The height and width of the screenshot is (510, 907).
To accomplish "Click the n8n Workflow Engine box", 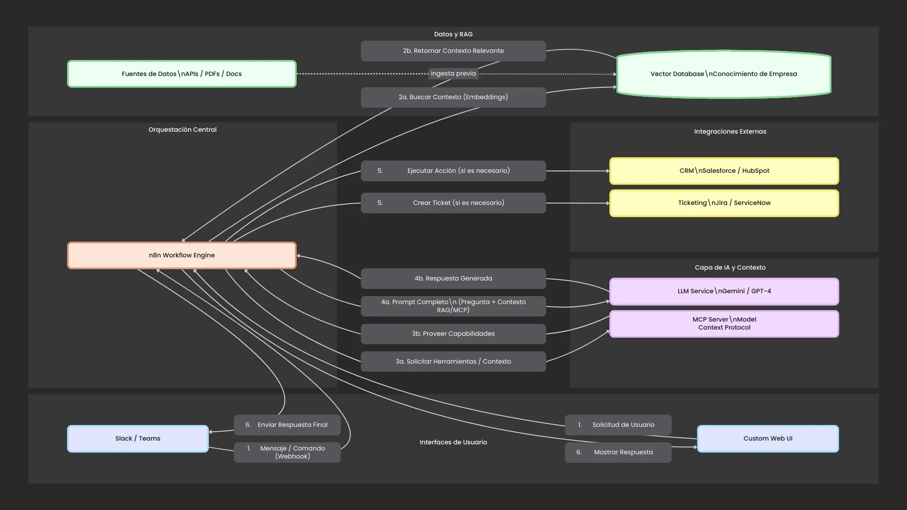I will click(182, 255).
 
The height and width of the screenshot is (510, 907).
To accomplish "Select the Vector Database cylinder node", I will click(724, 74).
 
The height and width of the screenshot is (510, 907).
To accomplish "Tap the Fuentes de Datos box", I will click(182, 74).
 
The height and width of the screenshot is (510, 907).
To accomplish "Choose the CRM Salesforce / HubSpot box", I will click(724, 171).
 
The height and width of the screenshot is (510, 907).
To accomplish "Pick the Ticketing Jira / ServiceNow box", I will click(724, 203).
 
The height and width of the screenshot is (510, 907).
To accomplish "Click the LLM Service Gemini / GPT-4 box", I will click(724, 291).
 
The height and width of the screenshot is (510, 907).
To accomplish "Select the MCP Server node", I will click(724, 323).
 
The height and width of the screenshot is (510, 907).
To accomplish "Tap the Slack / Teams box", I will click(137, 439).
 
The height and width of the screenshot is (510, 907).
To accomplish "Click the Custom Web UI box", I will click(768, 439).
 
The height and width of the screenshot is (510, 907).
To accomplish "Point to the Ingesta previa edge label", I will click(453, 74).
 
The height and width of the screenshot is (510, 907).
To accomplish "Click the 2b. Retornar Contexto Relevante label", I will click(453, 51).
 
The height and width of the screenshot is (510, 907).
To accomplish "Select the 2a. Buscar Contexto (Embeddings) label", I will click(453, 97).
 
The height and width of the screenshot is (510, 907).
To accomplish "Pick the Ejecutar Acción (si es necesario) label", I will click(458, 171).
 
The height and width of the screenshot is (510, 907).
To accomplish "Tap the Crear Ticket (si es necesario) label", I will click(458, 203).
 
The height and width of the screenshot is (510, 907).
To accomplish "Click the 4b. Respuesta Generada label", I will click(453, 279).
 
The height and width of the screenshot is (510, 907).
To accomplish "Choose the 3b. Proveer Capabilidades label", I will click(453, 334).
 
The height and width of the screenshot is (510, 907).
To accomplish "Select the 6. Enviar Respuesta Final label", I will click(287, 425).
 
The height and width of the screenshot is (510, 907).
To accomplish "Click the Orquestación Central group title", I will click(182, 130).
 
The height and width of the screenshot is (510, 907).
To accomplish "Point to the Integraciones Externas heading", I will click(730, 132).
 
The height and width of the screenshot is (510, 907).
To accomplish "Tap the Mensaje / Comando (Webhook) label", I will click(292, 452).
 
